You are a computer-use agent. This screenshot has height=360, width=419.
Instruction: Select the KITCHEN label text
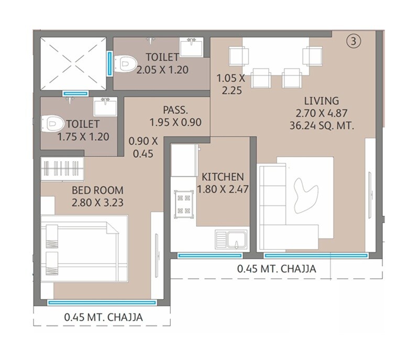click(x=219, y=177)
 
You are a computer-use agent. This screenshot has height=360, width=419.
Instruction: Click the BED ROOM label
click(x=98, y=190)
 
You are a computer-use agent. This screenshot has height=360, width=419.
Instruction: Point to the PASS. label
click(x=175, y=111)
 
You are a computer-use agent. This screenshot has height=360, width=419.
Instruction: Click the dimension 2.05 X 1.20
click(x=162, y=69)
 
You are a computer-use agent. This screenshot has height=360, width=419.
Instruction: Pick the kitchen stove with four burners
click(x=183, y=204)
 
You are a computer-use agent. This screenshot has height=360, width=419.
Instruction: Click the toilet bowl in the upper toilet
click(x=124, y=64)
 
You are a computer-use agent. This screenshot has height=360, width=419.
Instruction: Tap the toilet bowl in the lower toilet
click(x=54, y=124)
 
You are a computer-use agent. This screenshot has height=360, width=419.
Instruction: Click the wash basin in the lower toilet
click(x=106, y=108)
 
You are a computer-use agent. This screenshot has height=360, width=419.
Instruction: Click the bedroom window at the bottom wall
click(x=102, y=302)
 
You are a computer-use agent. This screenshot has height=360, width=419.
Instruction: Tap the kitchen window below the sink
click(x=210, y=256)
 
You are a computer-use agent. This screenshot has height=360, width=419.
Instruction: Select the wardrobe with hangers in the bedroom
click(x=62, y=169)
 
